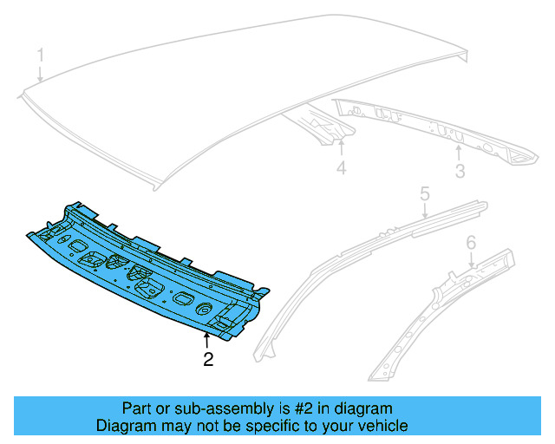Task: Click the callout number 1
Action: pos(40,56)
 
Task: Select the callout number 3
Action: pos(460,171)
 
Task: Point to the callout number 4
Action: pos(341,168)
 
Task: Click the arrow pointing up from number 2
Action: pos(206,341)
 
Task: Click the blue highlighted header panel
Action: pos(147,269)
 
